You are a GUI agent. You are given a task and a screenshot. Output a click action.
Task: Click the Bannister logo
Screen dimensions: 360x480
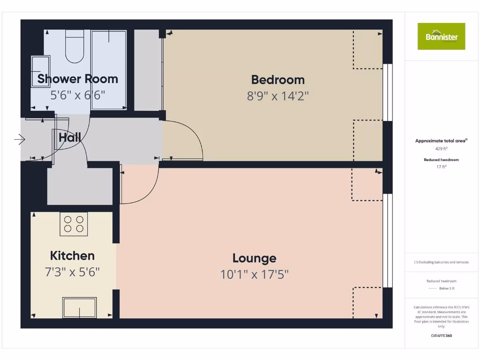pos(441,36)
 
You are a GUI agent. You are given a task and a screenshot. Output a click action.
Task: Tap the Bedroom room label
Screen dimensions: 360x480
pos(277,80)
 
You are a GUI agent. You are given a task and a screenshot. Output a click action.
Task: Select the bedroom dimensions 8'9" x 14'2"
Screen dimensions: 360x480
pos(277,96)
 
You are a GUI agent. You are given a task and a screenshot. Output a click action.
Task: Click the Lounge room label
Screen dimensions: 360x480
pos(254,258)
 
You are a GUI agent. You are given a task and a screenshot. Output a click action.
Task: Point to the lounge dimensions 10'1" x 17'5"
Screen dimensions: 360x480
pos(254,274)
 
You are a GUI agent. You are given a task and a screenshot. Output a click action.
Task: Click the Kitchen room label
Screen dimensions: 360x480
pos(72,256)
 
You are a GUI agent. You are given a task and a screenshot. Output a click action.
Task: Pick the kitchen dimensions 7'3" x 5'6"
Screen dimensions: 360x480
pos(72,272)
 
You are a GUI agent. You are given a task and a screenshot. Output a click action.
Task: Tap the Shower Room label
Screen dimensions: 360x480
pos(77,79)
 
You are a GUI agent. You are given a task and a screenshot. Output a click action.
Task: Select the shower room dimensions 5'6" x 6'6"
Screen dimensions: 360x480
pos(77,95)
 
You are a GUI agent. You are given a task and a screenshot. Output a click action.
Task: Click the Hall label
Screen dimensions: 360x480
pos(70,138)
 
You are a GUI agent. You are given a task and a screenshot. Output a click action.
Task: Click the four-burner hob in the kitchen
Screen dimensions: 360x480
pos(74,224)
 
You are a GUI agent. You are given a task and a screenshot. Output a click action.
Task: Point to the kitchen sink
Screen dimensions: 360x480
pos(80,307)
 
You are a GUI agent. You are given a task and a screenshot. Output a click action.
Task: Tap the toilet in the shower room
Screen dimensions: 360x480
pos(75,47)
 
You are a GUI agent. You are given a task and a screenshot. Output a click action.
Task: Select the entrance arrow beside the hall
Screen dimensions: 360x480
pos(20,139)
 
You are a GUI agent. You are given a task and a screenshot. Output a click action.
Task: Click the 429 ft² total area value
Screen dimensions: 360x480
pos(441,148)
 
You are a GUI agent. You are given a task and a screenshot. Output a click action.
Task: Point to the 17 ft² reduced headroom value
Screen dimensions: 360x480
pos(441,166)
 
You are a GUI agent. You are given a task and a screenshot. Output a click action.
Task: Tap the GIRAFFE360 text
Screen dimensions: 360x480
pos(441,336)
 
